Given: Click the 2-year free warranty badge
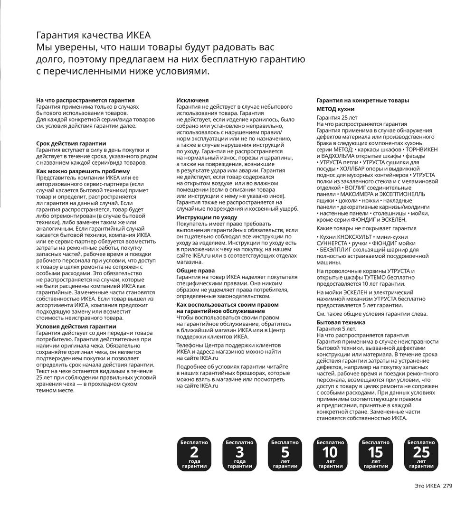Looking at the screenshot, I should (x=194, y=454).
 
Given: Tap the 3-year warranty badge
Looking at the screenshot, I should (x=240, y=454).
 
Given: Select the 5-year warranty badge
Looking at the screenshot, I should (x=285, y=454).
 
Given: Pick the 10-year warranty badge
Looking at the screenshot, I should (x=331, y=454).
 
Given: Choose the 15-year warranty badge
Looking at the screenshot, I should (x=376, y=454).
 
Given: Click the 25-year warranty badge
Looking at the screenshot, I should (x=421, y=454).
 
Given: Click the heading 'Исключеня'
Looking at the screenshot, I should (x=192, y=100).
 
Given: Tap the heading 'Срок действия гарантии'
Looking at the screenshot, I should (x=71, y=143).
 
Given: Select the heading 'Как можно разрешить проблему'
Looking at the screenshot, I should (x=83, y=171).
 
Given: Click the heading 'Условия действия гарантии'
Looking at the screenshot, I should (x=76, y=327).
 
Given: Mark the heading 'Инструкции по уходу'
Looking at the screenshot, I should (x=207, y=217).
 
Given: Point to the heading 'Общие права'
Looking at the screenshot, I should (x=196, y=271).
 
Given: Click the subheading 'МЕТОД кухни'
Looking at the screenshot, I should (x=335, y=109).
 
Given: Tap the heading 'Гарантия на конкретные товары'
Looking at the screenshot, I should (x=363, y=100).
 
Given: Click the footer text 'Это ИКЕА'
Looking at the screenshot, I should (x=427, y=486).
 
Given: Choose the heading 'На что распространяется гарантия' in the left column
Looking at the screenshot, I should (x=85, y=100).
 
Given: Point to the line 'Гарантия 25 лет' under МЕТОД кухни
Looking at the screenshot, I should (x=337, y=118).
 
